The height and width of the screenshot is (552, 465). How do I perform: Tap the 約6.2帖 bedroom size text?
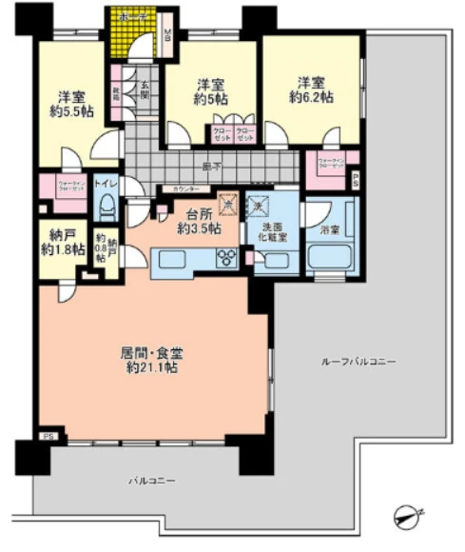pos(312,97)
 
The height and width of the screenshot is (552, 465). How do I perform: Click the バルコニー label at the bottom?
pos(152,483)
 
